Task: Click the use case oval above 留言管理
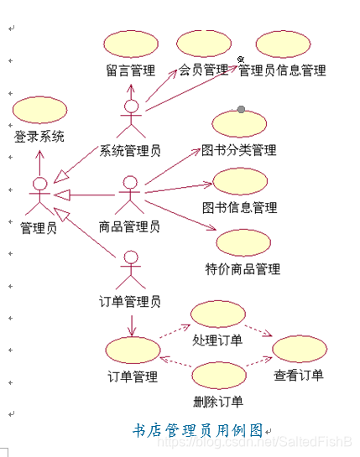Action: [133, 43]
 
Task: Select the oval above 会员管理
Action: [204, 43]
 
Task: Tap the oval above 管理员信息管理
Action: [283, 43]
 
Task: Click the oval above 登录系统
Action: [39, 109]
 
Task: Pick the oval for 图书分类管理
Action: [239, 123]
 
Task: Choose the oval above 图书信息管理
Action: [240, 181]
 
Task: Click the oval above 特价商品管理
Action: [243, 243]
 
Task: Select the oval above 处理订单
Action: [217, 314]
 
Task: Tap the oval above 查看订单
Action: [299, 348]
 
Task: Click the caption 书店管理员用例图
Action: [198, 430]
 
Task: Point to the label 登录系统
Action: [39, 136]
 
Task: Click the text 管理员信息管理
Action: [282, 71]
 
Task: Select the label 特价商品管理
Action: [243, 269]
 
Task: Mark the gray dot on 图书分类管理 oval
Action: [241, 109]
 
